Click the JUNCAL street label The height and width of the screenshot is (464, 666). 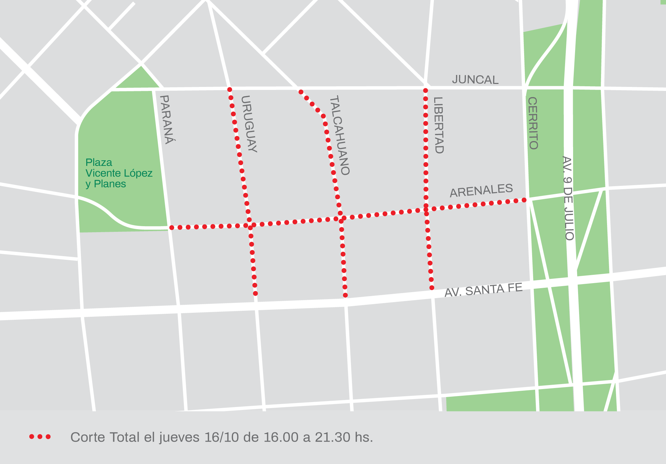[475, 80]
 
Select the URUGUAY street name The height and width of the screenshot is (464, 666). [249, 124]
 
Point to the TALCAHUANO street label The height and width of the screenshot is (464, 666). [339, 135]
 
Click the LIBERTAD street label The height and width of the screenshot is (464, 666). [439, 125]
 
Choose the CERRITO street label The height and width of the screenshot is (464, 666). [533, 123]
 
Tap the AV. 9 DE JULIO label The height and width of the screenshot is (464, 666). [568, 198]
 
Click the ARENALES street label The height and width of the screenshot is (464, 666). [481, 190]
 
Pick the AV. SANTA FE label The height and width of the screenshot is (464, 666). [484, 290]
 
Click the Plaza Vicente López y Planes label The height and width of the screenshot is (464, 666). [119, 173]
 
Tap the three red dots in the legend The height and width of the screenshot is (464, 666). [40, 437]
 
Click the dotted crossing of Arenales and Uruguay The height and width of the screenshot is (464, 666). [250, 226]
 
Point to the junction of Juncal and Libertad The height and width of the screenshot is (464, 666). [426, 88]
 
